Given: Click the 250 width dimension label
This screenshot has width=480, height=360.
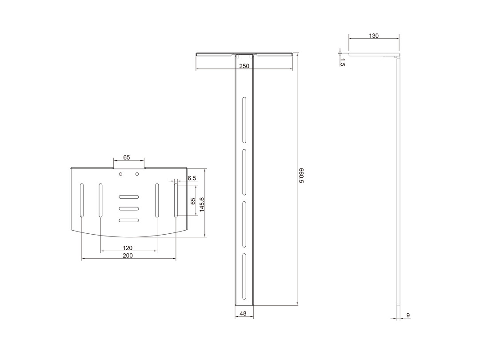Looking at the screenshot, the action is coord(244,66).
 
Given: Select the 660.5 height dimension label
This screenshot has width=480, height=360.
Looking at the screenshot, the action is coord(301,176).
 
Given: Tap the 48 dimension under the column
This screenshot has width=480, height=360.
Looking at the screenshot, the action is coord(243,313).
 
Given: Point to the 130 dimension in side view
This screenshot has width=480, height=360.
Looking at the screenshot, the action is coord(373,36).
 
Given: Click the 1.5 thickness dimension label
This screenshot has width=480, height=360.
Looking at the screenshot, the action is coord(343,62).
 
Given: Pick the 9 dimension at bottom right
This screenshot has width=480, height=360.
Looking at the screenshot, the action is coord(408,315).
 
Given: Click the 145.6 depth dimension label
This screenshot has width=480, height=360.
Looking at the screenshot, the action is coord(202,204).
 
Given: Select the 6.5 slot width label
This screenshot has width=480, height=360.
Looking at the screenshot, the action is coord(192,178).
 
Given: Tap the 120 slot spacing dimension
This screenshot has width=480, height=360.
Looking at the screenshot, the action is coord(128,248).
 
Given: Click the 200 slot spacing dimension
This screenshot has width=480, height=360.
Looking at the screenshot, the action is coord(128,255).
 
